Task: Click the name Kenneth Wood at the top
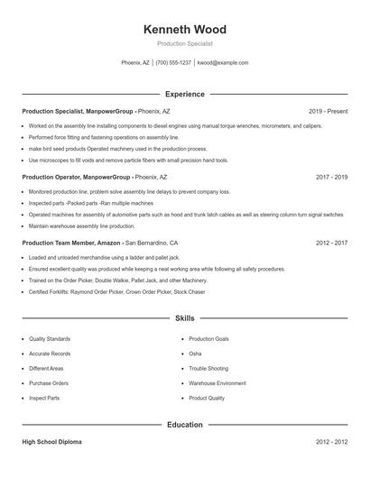[185, 29]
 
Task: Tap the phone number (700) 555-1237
[173, 63]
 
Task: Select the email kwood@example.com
[223, 63]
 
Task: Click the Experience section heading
[185, 94]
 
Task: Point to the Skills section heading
[185, 318]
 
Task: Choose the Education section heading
[185, 424]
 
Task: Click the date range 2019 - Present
[328, 111]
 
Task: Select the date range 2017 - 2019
[331, 178]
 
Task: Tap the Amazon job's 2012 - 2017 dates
[331, 244]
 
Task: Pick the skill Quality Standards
[50, 339]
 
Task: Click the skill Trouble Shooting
[208, 368]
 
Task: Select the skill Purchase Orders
[49, 383]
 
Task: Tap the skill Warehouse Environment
[217, 383]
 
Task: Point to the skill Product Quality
[207, 398]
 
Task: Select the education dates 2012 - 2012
[331, 442]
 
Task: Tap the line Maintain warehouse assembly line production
[81, 226]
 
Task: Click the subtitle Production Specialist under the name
[185, 43]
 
